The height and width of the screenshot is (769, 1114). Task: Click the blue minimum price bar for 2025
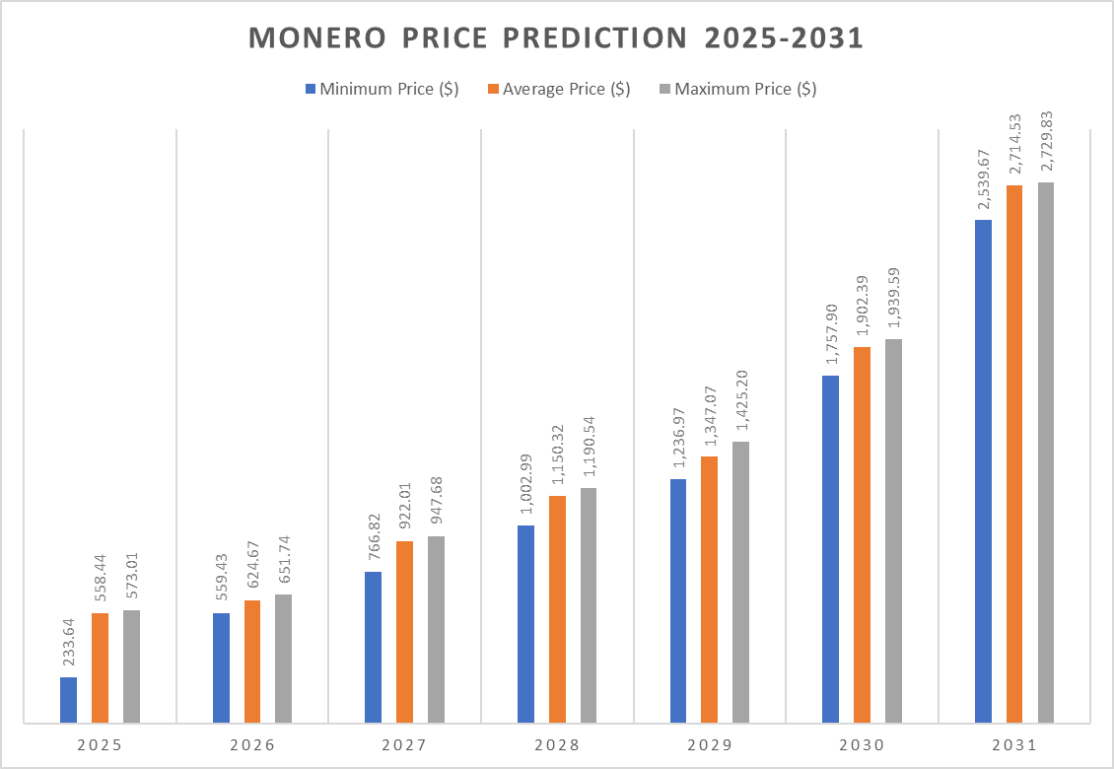(x=68, y=700)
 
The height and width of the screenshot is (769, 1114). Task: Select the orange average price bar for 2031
(x=1014, y=454)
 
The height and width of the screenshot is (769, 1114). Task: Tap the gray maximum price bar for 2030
(x=893, y=530)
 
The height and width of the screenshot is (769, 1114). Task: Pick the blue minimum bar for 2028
(x=525, y=623)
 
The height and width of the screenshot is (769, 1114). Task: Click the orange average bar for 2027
(x=404, y=631)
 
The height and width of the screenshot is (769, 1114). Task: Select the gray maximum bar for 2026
(x=283, y=658)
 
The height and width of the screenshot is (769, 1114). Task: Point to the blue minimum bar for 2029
(x=678, y=600)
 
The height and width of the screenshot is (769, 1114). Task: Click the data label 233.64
(x=69, y=645)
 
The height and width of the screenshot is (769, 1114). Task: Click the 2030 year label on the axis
(x=862, y=745)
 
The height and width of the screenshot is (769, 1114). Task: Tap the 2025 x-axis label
(x=99, y=745)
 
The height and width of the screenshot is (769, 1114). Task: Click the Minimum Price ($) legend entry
(x=382, y=89)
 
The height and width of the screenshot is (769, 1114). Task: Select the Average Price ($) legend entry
(x=559, y=89)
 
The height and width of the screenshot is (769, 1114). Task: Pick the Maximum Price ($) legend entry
(x=736, y=89)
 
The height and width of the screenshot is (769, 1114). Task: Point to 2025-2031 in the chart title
(x=784, y=37)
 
